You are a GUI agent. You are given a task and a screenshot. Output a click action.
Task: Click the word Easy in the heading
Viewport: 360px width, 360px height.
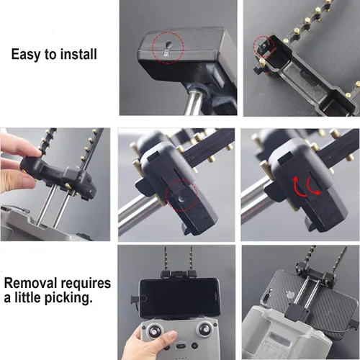tap(25, 54)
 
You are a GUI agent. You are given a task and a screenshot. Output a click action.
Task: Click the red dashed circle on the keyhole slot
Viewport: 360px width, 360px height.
tap(167, 48)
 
